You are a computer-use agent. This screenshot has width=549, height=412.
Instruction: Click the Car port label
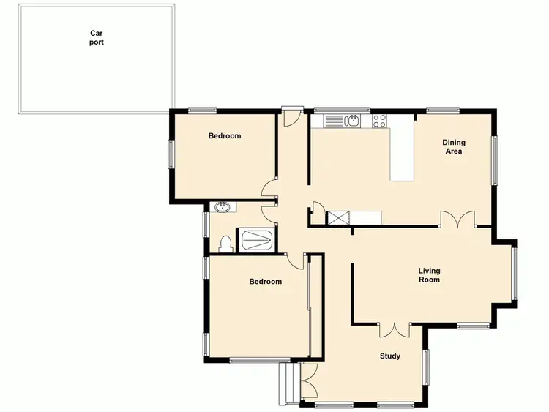[97, 37]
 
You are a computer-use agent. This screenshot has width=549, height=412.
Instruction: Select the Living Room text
[429, 275]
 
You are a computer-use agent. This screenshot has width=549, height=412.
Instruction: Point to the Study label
[389, 356]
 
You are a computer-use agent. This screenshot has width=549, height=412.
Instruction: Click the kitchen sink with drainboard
[343, 121]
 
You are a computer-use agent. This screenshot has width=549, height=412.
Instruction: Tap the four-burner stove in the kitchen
[379, 121]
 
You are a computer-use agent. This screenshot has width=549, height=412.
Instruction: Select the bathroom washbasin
[223, 208]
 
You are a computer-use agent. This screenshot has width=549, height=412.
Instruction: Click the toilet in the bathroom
[225, 244]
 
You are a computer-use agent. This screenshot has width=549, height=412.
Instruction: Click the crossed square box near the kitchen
[338, 217]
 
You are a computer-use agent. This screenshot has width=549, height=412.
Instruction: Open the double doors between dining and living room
[457, 219]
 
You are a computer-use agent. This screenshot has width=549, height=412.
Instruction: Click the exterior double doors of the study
[307, 380]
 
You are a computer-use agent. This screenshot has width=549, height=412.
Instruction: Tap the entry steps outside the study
[287, 384]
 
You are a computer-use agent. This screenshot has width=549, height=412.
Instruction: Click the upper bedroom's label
[225, 136]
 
